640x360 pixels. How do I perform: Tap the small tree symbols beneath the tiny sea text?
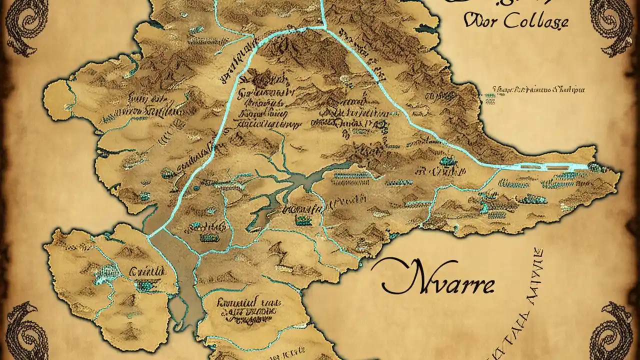click(x=490, y=100)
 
